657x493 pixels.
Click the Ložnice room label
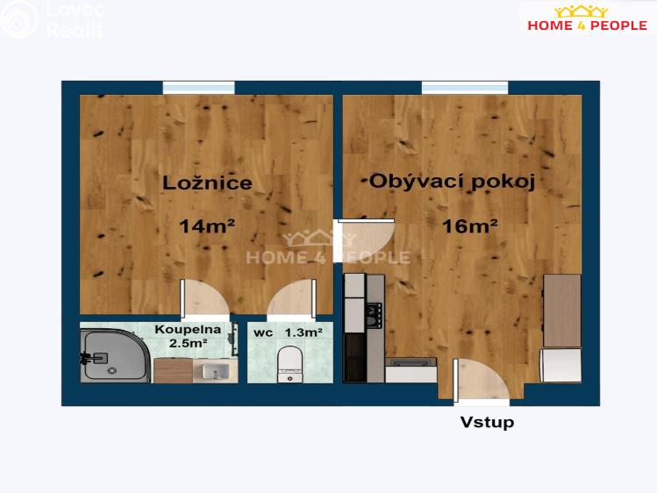(x=207, y=183)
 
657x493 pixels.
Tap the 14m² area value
(x=207, y=226)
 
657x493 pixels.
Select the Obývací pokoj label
(x=452, y=182)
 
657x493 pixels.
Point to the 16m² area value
(x=470, y=226)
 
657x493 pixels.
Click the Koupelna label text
(x=188, y=329)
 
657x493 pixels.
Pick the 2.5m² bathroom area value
(x=188, y=344)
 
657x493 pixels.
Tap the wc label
(x=263, y=333)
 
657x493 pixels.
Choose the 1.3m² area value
(x=304, y=333)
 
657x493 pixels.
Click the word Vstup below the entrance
(x=488, y=422)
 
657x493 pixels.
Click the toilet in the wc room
(x=290, y=364)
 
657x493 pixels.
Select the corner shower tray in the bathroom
(x=114, y=356)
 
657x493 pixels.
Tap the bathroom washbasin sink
(x=216, y=371)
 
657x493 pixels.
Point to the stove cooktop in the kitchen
(x=375, y=316)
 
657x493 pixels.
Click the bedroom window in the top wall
(x=198, y=88)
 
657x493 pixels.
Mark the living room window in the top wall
(x=465, y=88)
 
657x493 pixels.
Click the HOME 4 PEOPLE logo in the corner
(x=588, y=18)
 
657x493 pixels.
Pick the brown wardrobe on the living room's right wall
(x=562, y=311)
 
